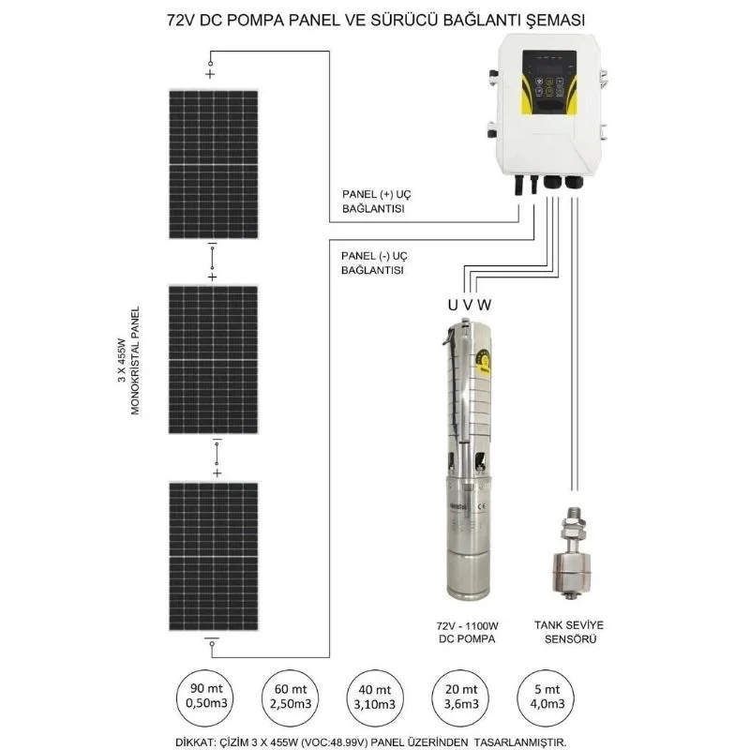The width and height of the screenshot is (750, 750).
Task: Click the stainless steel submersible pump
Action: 471,459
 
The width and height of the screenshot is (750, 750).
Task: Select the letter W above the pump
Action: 484,305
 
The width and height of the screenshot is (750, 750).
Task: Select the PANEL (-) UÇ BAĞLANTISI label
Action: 374,262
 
